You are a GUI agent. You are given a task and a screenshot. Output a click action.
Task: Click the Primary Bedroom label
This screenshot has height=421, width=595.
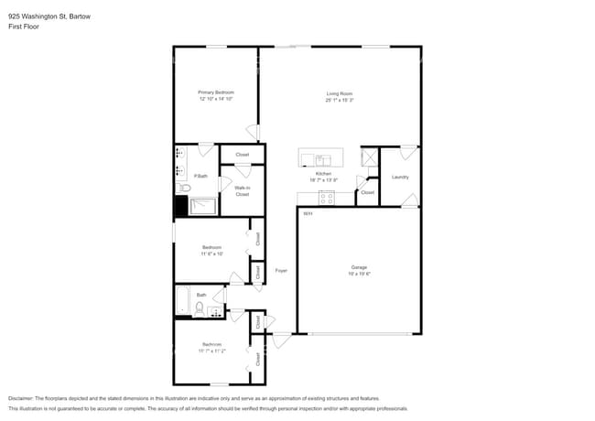[216, 92]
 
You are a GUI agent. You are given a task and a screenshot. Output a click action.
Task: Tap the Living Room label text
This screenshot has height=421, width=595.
[340, 93]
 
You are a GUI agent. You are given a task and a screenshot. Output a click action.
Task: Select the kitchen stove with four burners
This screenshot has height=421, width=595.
[326, 199]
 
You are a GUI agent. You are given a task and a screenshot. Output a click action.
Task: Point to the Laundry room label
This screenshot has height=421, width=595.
[400, 177]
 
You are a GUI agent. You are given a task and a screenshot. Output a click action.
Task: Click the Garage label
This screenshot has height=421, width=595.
[359, 267]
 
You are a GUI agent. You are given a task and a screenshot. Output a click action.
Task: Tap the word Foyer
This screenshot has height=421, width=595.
[282, 270]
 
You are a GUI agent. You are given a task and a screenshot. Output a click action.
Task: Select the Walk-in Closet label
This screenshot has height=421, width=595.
[242, 190]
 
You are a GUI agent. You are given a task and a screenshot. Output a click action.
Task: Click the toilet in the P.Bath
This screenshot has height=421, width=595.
[183, 189]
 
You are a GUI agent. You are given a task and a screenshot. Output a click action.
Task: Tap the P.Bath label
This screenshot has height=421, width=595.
[199, 175]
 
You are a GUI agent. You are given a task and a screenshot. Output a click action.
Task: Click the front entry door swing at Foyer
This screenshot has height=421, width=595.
[281, 340]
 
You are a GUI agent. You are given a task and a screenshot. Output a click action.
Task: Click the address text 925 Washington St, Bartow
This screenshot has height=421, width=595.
[54, 16]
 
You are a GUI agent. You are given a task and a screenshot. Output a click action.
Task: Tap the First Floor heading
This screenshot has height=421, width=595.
[24, 27]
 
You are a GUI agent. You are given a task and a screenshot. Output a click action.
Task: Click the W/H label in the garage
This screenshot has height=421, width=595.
[307, 214]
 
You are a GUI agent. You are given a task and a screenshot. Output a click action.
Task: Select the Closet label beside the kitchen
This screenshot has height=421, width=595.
[367, 192]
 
